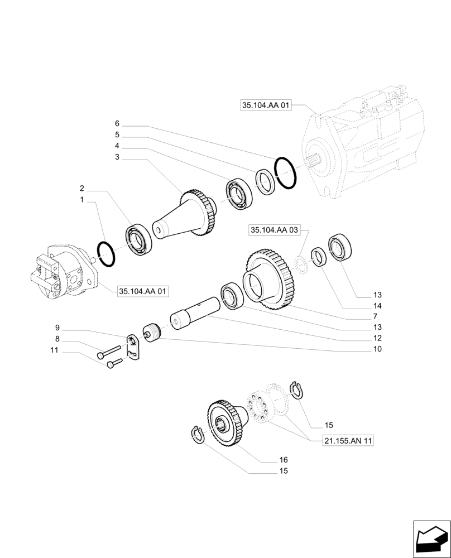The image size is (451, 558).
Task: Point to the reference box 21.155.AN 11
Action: (348, 441)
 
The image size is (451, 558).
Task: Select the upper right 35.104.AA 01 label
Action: (266, 105)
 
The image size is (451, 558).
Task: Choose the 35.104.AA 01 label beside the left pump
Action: (143, 291)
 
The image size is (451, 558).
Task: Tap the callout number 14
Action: (377, 306)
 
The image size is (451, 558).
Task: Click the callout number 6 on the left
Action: (117, 123)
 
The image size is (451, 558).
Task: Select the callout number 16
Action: (283, 460)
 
